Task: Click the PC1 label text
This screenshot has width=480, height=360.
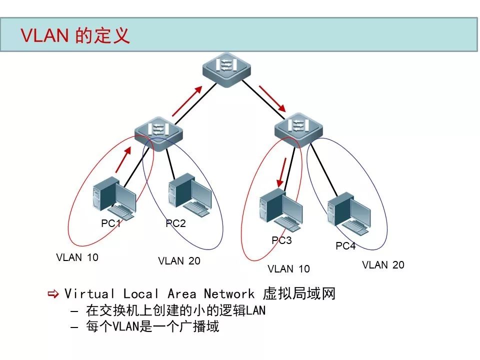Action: pos(111,223)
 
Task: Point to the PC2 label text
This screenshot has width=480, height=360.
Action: pos(175,223)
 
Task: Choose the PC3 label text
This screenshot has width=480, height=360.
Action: pos(281,240)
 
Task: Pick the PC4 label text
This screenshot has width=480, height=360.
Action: pos(345,246)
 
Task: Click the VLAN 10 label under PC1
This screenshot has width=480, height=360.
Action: pos(77,258)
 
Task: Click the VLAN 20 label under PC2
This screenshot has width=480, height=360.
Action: pos(179,261)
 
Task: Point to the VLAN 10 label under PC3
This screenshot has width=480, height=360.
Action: pos(288,269)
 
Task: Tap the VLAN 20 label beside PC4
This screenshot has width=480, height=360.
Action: pos(383,265)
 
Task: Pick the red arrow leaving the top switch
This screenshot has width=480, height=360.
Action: pos(272,98)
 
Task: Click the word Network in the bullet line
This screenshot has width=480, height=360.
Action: pos(228,294)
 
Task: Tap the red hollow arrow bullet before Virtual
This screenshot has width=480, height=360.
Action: pos(53,293)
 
